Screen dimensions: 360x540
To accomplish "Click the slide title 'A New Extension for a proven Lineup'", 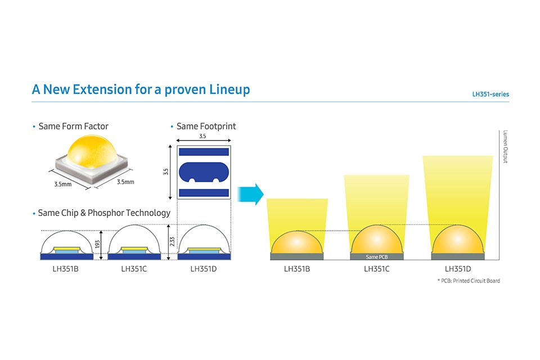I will coord(141,89).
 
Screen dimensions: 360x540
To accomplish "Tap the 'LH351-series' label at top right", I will coord(490,94).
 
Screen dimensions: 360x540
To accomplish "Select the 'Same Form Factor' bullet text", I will coord(73,126).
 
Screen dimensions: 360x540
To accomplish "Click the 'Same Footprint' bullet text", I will coord(206,126).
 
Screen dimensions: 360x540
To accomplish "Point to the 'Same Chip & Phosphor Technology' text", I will coord(103,213).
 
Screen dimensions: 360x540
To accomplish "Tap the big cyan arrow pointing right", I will coord(250,194).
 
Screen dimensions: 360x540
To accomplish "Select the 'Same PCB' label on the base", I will coord(376,256).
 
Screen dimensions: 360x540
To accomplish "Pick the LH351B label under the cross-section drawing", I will coord(65,269).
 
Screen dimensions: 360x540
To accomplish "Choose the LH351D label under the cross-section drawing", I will coord(203,269).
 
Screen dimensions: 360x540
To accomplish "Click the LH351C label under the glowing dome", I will coord(377,269).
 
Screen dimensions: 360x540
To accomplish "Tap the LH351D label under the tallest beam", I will coord(457,269).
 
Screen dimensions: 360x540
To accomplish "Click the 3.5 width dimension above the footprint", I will coord(203,136).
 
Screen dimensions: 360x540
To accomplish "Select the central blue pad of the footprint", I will coord(203,172).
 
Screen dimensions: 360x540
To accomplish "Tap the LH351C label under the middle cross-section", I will coord(134,269).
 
